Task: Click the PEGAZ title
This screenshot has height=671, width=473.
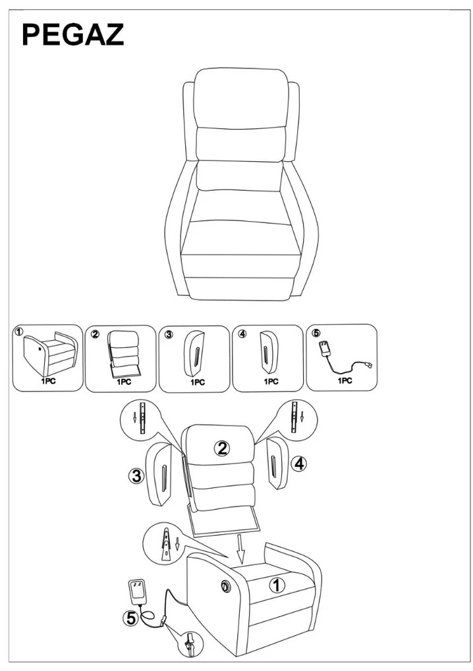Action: coord(73,35)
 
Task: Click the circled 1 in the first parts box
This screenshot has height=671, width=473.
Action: coord(18,331)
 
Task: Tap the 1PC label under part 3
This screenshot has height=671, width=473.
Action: coord(198,382)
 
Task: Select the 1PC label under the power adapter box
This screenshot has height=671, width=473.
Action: coord(345,380)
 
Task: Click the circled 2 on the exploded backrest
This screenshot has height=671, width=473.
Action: coord(222,449)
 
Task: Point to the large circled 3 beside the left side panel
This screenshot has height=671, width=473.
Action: coord(136,476)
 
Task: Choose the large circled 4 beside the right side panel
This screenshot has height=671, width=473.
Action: coord(299,464)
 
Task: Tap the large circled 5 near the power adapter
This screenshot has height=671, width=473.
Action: coord(130,618)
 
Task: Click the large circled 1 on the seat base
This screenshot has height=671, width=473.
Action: coord(277,585)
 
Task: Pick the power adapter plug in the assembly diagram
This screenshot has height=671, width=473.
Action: coord(137,592)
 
